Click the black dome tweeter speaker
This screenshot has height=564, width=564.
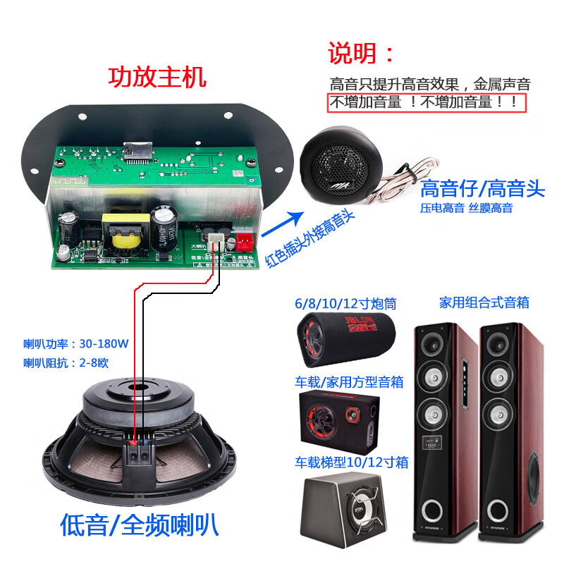point(339,163)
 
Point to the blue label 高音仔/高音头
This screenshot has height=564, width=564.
point(482,189)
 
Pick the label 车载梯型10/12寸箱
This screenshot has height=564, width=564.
point(351,462)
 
